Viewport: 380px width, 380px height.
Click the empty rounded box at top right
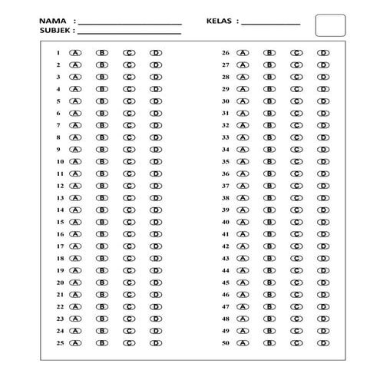pos(330,25)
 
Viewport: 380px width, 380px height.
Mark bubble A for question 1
pos(75,53)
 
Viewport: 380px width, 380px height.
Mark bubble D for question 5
pos(156,101)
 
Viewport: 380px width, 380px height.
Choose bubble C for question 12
pos(129,186)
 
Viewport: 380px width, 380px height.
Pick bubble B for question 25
pos(102,342)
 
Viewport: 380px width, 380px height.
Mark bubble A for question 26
pos(243,53)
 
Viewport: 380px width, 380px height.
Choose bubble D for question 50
pos(323,342)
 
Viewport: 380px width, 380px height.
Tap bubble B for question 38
pos(269,197)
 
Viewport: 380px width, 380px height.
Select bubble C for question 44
pos(296,270)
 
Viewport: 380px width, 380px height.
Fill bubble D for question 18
pos(156,258)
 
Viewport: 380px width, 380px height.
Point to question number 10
pos(59,162)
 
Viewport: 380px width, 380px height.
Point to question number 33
pos(226,137)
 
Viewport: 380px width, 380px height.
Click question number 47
pos(226,306)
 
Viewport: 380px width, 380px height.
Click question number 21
pos(59,294)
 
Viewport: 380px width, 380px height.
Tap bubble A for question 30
pos(243,101)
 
